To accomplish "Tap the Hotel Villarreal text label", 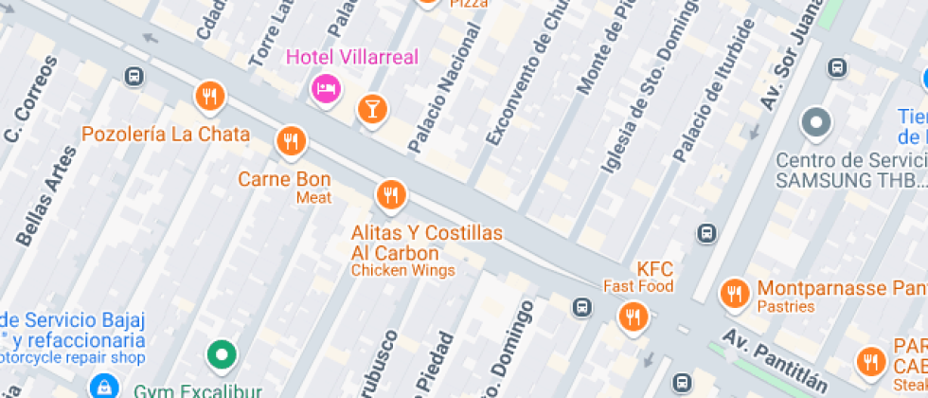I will click(x=351, y=57).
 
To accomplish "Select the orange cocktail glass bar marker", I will click(x=372, y=108).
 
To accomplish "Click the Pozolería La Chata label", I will click(x=166, y=134).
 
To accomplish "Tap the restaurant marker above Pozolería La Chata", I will click(x=209, y=96).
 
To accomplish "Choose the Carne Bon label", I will click(x=284, y=179).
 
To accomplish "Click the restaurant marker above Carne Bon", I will click(x=291, y=141).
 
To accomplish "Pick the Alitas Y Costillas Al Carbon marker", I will click(x=389, y=195).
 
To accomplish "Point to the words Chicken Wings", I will click(x=402, y=270).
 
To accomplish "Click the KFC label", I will click(x=653, y=268).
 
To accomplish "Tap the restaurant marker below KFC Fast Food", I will click(x=633, y=317).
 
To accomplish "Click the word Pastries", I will click(x=786, y=306).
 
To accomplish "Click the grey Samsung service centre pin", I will click(x=815, y=122).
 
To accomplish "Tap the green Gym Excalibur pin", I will click(x=222, y=355).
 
